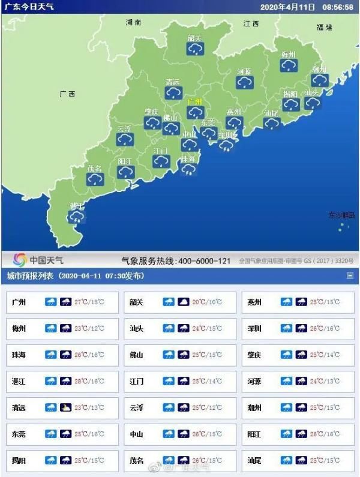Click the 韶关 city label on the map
click(x=194, y=38)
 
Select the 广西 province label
click(x=67, y=94)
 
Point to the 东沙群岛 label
click(x=342, y=215)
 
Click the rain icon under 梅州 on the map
click(x=289, y=64)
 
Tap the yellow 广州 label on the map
click(x=194, y=101)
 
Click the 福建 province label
click(x=325, y=27)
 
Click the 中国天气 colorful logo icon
click(x=20, y=260)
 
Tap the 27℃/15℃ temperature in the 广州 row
click(x=90, y=302)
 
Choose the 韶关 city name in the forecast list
click(x=137, y=302)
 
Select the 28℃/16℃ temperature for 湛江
click(x=90, y=380)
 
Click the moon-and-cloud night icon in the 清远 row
click(x=66, y=407)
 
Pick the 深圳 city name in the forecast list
click(x=254, y=329)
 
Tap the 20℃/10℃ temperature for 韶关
click(x=208, y=302)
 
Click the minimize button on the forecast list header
click(x=350, y=276)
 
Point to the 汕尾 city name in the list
click(x=254, y=461)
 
